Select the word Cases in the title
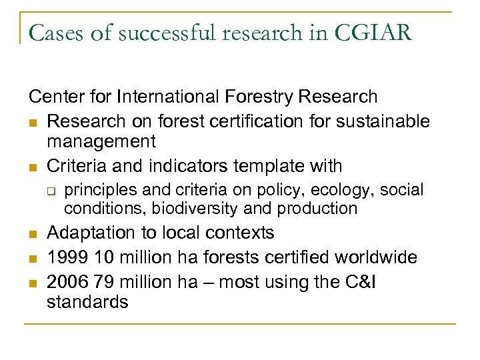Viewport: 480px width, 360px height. tap(53, 33)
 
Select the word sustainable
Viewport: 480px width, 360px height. tap(383, 121)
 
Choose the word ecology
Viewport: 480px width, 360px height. tap(324, 190)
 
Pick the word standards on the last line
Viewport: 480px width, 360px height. tap(87, 301)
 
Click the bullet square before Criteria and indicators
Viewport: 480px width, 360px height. tap(33, 166)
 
